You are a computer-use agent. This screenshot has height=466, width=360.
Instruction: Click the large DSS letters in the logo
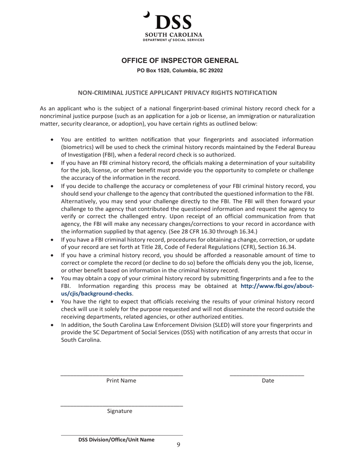pyautogui.click(x=174, y=23)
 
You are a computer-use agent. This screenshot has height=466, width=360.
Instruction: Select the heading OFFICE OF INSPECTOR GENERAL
pyautogui.click(x=180, y=61)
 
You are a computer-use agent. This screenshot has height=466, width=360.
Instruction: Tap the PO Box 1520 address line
pyautogui.click(x=180, y=70)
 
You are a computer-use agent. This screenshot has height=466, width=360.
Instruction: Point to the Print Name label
pyautogui.click(x=121, y=380)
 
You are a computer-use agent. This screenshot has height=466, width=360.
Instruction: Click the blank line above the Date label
pyautogui.click(x=267, y=375)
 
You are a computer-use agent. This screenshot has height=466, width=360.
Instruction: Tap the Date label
pyautogui.click(x=268, y=380)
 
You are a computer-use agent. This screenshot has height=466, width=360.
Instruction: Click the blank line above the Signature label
pyautogui.click(x=122, y=406)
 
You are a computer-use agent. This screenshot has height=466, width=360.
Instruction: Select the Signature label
pyautogui.click(x=119, y=411)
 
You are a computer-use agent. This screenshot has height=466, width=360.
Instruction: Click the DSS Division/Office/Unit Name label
pyautogui.click(x=116, y=440)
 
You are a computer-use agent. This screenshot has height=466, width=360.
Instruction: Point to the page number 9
pyautogui.click(x=178, y=444)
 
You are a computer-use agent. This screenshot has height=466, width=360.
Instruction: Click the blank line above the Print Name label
pyautogui.click(x=122, y=375)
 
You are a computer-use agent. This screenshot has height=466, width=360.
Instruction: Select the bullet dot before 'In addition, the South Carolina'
pyautogui.click(x=52, y=325)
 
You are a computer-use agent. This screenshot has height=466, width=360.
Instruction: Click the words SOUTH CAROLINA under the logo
pyautogui.click(x=174, y=35)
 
